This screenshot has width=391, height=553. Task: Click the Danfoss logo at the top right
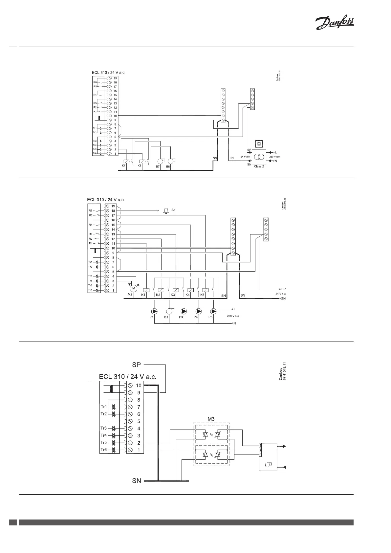pos(334,24)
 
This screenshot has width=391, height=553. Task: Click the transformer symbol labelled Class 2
pos(259,157)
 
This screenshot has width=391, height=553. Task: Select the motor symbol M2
pos(133,288)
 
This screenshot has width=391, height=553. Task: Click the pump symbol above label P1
pos(154,311)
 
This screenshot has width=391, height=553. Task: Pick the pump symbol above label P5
pos(213,311)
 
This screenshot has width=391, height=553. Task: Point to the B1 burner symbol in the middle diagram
pos(169,311)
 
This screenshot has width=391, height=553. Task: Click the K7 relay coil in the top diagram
pos(125,161)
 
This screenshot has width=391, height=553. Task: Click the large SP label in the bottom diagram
pos(137,365)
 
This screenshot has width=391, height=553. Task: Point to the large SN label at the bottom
pos(137,481)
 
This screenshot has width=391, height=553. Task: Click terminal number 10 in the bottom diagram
pos(139,386)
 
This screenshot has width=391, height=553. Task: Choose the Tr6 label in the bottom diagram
pos(103,450)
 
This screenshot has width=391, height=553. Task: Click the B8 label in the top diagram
pos(168,166)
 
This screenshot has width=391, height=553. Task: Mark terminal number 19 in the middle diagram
pos(113,206)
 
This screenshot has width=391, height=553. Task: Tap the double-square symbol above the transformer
pos(259,144)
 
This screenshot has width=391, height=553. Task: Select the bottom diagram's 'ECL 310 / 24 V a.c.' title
pos(127,377)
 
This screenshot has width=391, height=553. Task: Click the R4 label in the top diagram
pos(95,95)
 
